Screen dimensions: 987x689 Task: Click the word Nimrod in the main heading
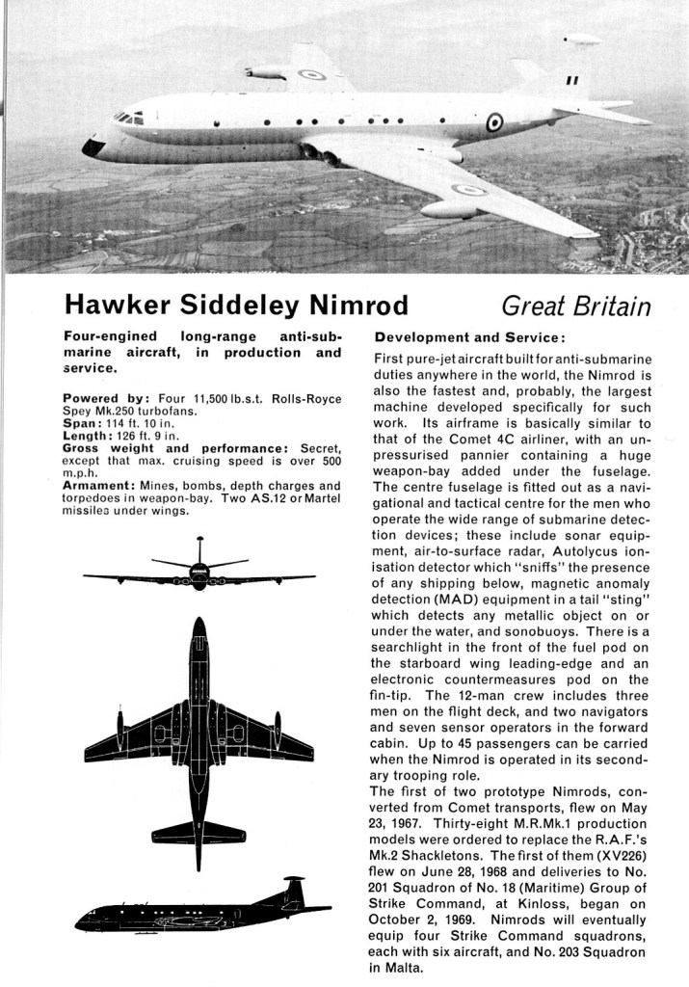[352, 306]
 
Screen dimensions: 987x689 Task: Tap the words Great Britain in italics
[576, 306]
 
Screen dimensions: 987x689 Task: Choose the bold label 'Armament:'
[98, 486]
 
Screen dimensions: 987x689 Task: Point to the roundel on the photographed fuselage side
[494, 122]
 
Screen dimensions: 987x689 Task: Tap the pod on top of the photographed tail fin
[583, 39]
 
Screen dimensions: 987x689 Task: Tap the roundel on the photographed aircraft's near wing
[469, 189]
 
